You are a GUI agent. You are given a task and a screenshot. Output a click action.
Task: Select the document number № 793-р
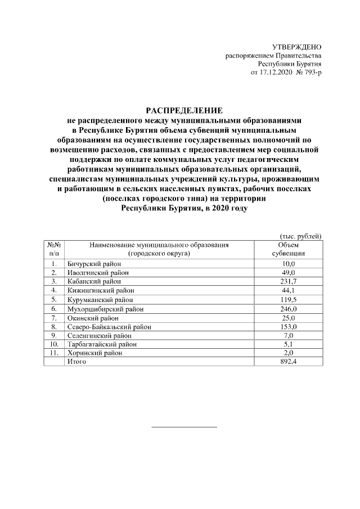point(308,74)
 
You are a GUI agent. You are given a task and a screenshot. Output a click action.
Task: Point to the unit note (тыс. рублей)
point(300,236)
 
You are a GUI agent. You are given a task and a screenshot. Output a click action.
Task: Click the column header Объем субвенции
point(288,249)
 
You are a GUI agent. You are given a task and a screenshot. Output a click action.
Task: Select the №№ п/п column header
point(53,249)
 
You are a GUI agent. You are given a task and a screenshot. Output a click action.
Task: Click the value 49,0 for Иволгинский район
point(288,272)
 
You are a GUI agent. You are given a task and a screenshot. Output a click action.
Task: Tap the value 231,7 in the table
point(288,281)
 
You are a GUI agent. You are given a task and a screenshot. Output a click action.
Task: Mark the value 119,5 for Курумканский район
point(288,299)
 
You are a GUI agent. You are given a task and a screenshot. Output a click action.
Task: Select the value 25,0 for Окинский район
point(288,317)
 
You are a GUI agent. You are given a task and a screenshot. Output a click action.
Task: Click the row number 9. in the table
point(53,335)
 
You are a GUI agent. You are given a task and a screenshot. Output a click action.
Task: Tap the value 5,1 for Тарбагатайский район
point(288,344)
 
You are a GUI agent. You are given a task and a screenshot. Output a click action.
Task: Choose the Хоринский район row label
point(89,353)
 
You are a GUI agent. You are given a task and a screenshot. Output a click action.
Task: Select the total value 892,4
point(288,362)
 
